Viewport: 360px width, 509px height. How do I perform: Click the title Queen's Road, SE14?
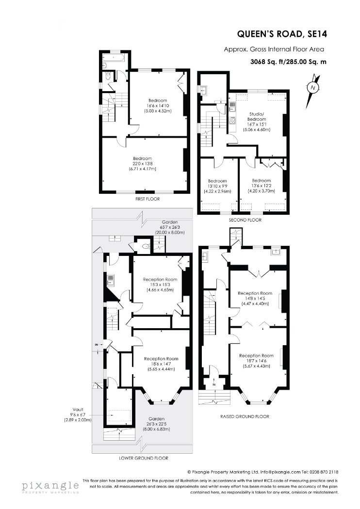[282, 34]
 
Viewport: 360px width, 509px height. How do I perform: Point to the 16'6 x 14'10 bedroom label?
[158, 106]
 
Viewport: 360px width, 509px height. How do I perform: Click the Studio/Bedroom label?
[257, 122]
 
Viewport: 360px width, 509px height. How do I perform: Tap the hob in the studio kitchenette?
[232, 120]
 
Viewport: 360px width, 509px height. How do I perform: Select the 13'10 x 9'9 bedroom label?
[217, 186]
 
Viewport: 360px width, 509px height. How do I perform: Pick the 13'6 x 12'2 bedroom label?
[261, 186]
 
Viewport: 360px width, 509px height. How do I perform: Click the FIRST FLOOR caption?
[147, 199]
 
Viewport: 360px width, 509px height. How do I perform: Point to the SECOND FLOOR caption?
[245, 220]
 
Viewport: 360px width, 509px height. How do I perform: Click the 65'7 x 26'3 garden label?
[170, 227]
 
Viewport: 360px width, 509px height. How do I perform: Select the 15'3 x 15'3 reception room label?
[160, 285]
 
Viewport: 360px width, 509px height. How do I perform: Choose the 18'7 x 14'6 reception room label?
[256, 361]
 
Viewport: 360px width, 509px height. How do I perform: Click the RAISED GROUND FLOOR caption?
[245, 416]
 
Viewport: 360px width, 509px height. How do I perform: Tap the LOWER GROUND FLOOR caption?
[144, 459]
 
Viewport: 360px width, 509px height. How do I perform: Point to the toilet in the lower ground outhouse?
[146, 247]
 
